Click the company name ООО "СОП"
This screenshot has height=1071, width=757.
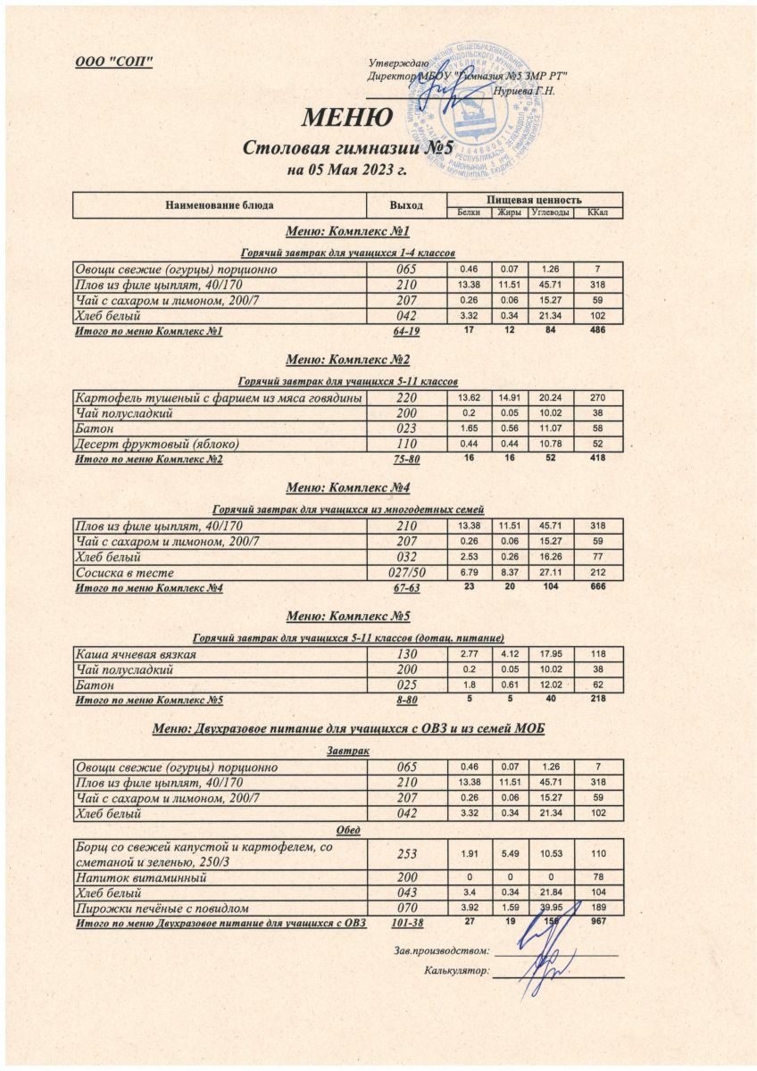pos(114,61)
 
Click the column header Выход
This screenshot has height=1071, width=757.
pos(406,205)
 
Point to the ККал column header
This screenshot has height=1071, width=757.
pos(596,212)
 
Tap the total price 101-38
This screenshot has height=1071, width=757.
pos(407,923)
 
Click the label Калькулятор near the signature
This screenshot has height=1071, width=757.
pos(457,972)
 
